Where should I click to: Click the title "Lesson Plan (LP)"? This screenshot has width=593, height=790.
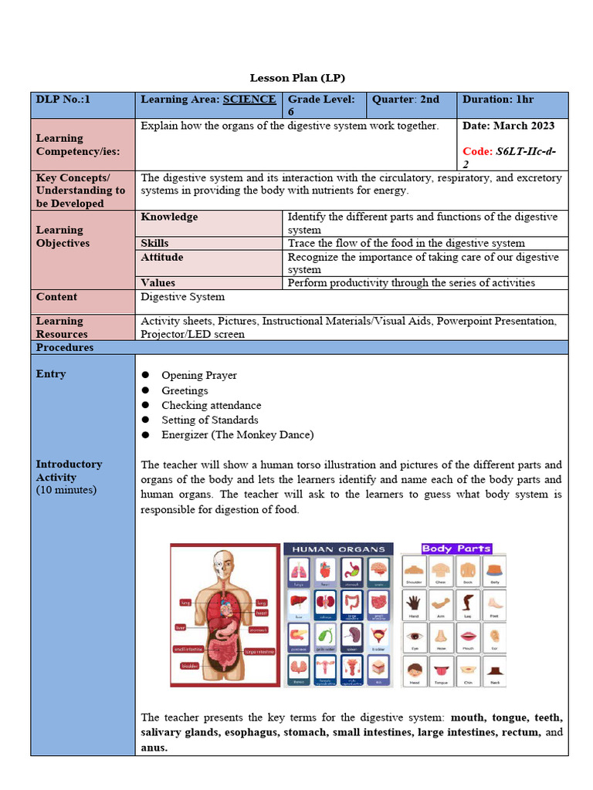(x=297, y=78)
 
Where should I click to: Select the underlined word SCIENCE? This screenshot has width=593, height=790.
(x=249, y=100)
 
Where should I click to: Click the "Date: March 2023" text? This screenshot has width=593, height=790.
(x=508, y=126)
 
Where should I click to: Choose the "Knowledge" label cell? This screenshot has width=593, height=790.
(x=169, y=218)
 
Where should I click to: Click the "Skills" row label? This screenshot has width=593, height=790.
(x=154, y=243)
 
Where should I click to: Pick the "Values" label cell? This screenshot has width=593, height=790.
(x=158, y=283)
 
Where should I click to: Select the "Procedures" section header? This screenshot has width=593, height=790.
(x=65, y=348)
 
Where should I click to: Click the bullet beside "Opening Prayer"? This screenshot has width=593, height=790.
(x=145, y=376)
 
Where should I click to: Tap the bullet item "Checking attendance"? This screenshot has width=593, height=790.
(x=211, y=405)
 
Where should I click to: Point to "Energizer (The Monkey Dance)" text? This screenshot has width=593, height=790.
(x=237, y=435)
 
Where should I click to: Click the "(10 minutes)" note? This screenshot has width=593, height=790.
(x=66, y=490)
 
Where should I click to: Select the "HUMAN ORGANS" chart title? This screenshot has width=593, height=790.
(x=338, y=549)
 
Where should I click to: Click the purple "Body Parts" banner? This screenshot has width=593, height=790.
(x=456, y=549)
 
